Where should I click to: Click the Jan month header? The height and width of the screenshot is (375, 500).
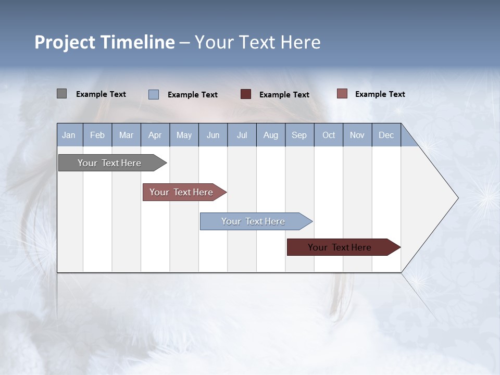point(69,135)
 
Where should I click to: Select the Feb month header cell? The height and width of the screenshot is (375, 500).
point(97,135)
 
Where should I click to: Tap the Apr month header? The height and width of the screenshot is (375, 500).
point(155,135)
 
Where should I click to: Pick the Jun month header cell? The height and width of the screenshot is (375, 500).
point(213,135)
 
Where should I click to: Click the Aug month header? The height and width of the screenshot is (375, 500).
point(271,135)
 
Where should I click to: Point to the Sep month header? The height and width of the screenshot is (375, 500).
point(299,135)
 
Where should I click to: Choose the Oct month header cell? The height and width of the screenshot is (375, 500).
point(329,135)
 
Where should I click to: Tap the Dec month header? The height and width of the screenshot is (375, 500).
point(386,135)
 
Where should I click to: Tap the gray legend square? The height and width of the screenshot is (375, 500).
point(61,94)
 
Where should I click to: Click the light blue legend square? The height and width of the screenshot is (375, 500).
point(154,94)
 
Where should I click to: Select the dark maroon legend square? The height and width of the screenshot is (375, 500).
point(246,94)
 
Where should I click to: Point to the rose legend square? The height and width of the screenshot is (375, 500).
point(342,94)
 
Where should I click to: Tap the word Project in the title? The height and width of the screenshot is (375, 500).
point(65,42)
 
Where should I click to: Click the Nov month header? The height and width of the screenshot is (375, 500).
point(357,135)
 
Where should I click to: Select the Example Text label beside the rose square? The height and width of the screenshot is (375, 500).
point(380,94)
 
